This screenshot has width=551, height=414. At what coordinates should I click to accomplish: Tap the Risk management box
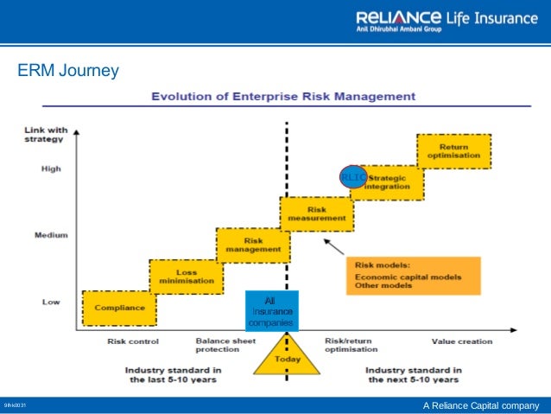point(252,245)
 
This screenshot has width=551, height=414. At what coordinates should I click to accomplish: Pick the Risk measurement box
point(316,213)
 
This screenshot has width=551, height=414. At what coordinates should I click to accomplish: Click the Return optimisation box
point(453,151)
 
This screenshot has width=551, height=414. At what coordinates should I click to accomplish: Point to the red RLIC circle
point(352,176)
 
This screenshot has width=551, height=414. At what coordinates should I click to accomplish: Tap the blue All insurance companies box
point(270,311)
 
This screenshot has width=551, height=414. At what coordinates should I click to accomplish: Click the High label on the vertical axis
point(51,169)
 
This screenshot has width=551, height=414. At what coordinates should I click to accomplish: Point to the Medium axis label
point(52,234)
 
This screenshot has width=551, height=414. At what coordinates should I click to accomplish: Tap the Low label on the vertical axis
point(51,302)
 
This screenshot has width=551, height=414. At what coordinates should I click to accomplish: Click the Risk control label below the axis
point(129,341)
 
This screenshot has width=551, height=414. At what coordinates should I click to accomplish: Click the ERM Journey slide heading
point(67,70)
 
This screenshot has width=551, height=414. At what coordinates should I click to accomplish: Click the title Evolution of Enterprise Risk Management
point(283,95)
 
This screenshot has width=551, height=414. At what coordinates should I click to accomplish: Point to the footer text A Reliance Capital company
point(480,406)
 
